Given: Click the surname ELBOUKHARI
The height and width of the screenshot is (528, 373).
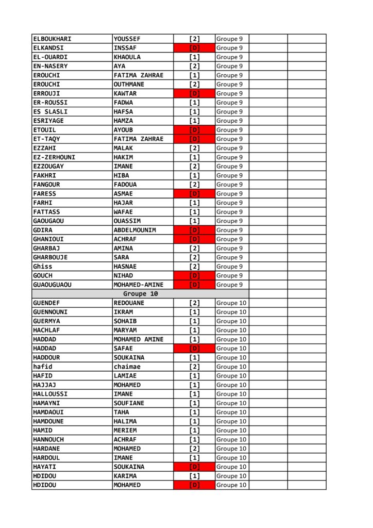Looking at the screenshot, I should [52, 39].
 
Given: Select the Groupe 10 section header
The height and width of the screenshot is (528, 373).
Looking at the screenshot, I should [140, 294].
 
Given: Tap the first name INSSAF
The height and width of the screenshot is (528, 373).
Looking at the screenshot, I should [125, 48].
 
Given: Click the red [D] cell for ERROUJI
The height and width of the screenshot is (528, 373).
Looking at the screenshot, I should [194, 93].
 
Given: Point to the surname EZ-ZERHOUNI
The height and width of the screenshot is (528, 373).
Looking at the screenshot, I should [54, 157].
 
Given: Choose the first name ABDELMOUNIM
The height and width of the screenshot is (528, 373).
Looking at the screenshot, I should [134, 230].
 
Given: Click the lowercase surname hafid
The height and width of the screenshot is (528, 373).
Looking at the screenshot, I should [43, 367].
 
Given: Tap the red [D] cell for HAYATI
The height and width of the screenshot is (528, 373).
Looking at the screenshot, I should [194, 467].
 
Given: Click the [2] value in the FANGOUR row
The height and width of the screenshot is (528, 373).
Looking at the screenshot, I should [194, 185].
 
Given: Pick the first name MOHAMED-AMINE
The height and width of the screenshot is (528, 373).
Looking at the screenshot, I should [138, 285].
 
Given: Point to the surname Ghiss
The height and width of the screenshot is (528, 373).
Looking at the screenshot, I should [43, 267].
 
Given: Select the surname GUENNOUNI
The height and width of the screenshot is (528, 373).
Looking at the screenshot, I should [50, 312].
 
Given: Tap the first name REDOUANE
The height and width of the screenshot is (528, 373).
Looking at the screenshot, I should [129, 303].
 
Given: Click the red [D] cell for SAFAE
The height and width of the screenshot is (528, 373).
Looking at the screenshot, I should [194, 349].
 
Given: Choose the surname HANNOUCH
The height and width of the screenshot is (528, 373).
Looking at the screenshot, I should [48, 439].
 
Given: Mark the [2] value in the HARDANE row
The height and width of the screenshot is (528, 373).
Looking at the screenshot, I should [194, 449].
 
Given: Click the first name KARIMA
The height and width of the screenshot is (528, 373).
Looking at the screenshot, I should [125, 476].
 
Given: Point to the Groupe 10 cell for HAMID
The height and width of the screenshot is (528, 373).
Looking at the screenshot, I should [231, 431].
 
